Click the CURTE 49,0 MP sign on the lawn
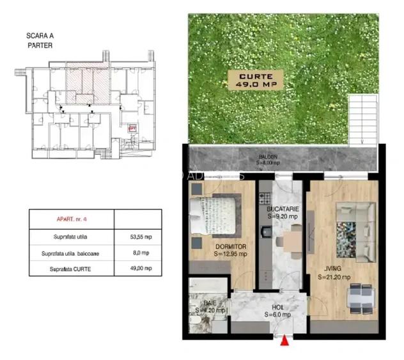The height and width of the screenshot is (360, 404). pyautogui.click(x=255, y=80)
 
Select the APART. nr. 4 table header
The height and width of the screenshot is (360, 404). pyautogui.click(x=72, y=219)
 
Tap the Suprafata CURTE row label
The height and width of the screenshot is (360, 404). pyautogui.click(x=72, y=269)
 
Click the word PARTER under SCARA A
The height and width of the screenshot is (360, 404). pyautogui.click(x=40, y=46)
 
